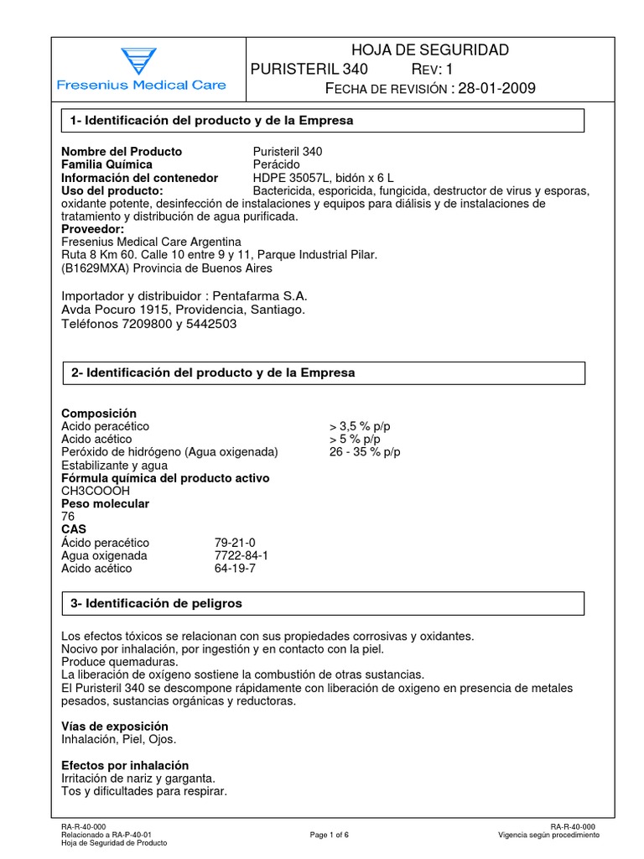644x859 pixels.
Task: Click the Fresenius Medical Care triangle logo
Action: pos(132,61)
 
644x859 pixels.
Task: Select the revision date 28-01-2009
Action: pos(495,89)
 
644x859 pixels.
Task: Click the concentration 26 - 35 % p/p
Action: pos(366,452)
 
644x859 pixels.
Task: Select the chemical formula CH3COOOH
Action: pos(96,491)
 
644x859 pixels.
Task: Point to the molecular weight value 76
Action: pos(69,517)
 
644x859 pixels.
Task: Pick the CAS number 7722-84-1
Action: pos(241,555)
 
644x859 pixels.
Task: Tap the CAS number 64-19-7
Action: pos(235,568)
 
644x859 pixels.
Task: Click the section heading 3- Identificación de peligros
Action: pos(157,603)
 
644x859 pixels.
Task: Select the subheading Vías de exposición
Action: pos(115,726)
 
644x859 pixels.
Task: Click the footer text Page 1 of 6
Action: pos(329,836)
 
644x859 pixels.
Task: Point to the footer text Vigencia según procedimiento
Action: pos(548,836)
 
